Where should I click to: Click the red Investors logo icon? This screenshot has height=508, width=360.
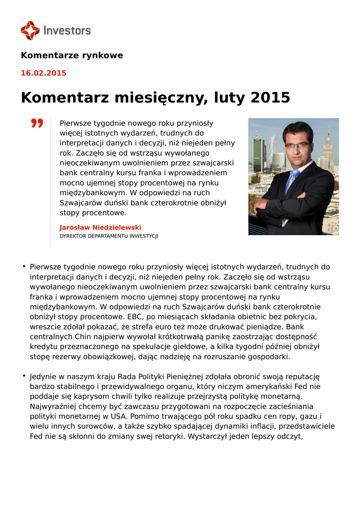[30, 30]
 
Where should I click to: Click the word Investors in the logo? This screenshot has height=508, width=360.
[67, 30]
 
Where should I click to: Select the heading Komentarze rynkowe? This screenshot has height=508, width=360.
[72, 55]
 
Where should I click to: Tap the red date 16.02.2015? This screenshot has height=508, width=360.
[43, 73]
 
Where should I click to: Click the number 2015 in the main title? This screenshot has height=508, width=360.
[270, 97]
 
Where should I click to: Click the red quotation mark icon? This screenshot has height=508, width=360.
[37, 123]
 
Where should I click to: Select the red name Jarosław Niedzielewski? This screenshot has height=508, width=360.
[100, 227]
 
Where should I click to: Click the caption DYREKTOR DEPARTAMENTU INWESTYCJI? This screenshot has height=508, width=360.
[109, 236]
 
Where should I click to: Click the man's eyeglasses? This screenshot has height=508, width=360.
[297, 145]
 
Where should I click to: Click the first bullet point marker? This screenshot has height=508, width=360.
[24, 266]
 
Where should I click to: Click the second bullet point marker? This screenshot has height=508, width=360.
[24, 376]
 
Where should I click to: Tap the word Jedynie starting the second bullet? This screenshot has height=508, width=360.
[44, 377]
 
